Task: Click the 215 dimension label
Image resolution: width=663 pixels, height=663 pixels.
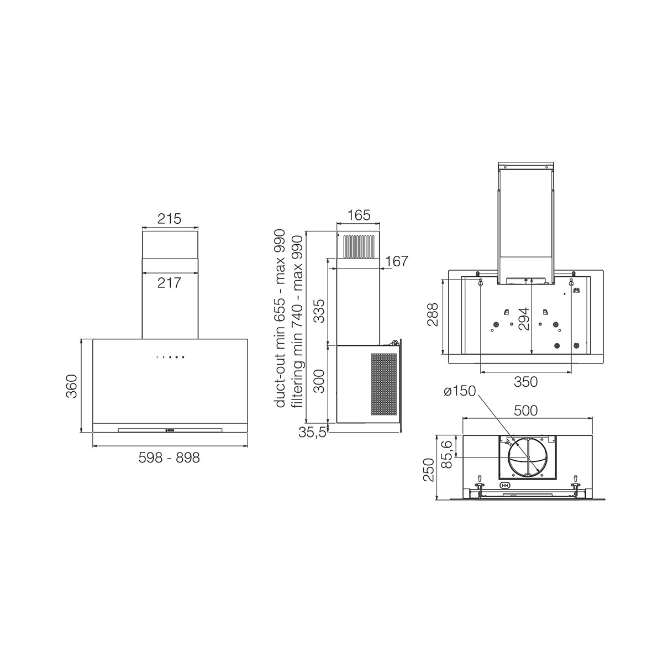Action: click(x=169, y=218)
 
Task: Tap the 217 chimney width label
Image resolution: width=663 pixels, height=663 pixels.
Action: click(x=169, y=283)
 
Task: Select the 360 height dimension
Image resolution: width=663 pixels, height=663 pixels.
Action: click(x=72, y=386)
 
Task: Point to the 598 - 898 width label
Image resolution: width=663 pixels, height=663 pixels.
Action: click(x=169, y=457)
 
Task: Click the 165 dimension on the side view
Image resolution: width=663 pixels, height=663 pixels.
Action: click(x=359, y=215)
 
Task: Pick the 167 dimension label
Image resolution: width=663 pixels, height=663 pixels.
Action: click(x=396, y=261)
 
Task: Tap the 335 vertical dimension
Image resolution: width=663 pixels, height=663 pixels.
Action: click(x=320, y=311)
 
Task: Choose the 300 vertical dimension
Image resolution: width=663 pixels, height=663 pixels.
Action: click(x=320, y=381)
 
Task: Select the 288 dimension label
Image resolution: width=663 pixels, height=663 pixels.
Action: click(x=433, y=314)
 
